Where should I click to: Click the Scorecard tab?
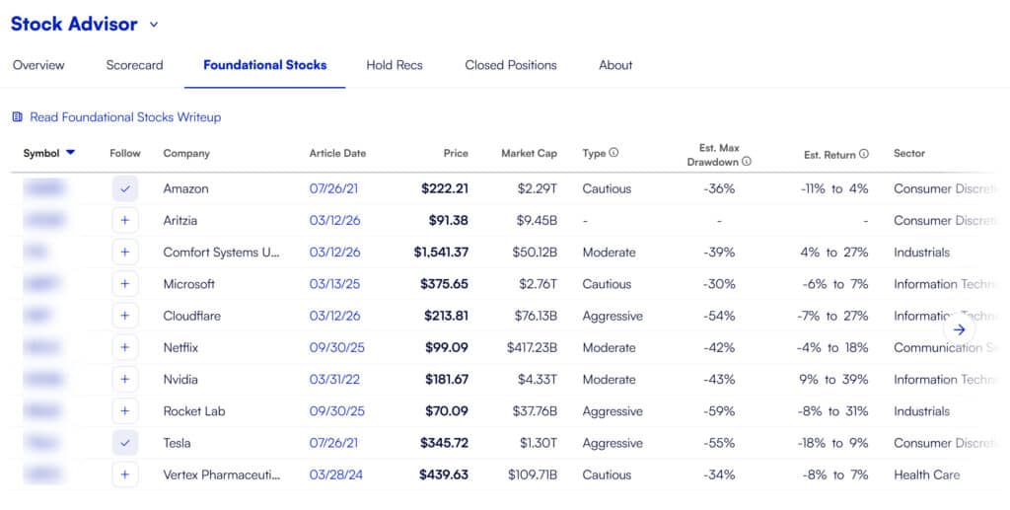[x=134, y=65]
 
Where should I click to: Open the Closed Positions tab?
[x=511, y=65]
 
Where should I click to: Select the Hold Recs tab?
[x=395, y=65]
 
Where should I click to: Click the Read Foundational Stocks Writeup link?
[x=125, y=117]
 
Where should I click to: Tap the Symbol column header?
[x=41, y=153]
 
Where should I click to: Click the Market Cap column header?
[x=529, y=153]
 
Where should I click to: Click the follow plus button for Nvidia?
[x=124, y=380]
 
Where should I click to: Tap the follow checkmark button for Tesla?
[x=124, y=443]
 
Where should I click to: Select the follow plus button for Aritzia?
[x=124, y=221]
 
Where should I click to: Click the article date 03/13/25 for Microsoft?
[x=335, y=284]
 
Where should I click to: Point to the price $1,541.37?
[x=441, y=253]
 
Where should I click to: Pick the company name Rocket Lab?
[x=194, y=411]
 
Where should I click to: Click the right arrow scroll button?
[x=960, y=329]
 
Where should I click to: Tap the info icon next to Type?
[x=613, y=153]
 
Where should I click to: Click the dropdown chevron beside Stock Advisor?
[x=154, y=25]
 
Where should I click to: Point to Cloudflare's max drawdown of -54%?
[x=719, y=316]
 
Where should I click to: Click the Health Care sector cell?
[x=926, y=474]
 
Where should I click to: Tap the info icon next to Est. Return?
[x=864, y=154]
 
